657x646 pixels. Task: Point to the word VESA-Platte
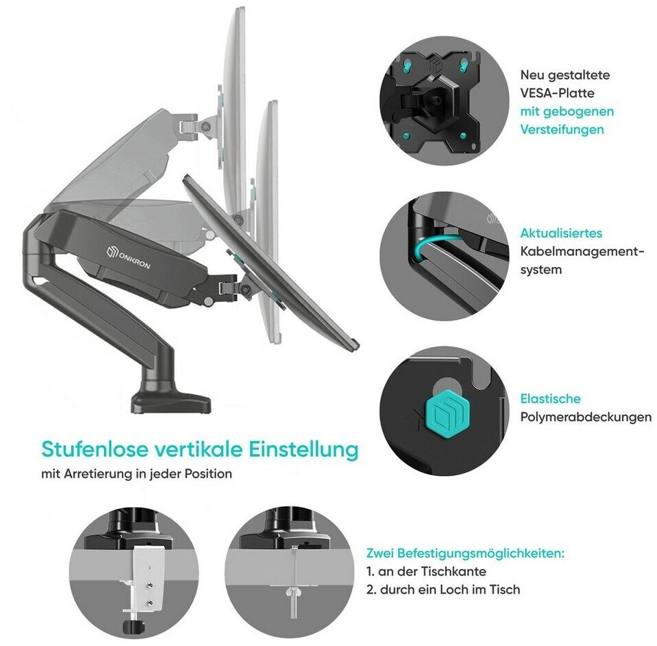tap(558, 92)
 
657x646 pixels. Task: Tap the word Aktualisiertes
tap(561, 233)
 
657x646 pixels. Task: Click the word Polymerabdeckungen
tap(585, 417)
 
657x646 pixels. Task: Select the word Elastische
tap(550, 398)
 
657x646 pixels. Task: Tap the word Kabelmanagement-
tap(583, 251)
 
